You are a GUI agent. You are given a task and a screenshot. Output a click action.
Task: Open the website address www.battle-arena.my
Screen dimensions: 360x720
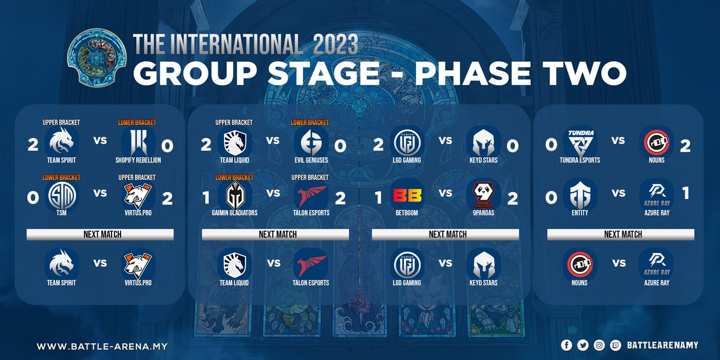pyautogui.click(x=101, y=346)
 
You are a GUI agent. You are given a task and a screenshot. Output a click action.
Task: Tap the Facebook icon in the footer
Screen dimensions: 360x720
pyautogui.click(x=566, y=346)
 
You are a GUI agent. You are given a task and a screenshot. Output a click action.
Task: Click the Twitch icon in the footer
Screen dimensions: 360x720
pyautogui.click(x=615, y=346)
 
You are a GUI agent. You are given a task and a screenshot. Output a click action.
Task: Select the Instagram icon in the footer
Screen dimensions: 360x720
pyautogui.click(x=599, y=346)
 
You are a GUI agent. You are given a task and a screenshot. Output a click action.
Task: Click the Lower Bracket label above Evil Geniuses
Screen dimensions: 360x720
pyautogui.click(x=310, y=122)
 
